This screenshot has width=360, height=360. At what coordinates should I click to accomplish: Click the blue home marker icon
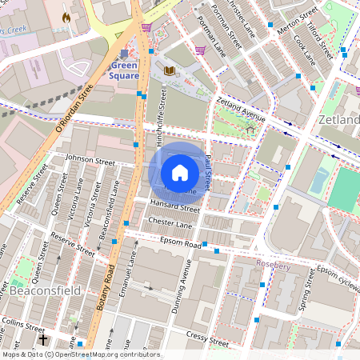(x=180, y=172)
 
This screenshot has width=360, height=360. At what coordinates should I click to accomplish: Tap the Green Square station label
(x=125, y=70)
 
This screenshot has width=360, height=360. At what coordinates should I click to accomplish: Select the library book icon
(x=169, y=71)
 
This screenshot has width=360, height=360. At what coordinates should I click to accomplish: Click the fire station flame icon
(x=66, y=16)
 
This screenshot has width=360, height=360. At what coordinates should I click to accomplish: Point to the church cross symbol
(x=43, y=340)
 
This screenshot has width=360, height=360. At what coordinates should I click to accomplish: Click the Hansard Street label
(x=174, y=208)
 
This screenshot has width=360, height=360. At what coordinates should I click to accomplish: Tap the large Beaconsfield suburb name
(x=46, y=291)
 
